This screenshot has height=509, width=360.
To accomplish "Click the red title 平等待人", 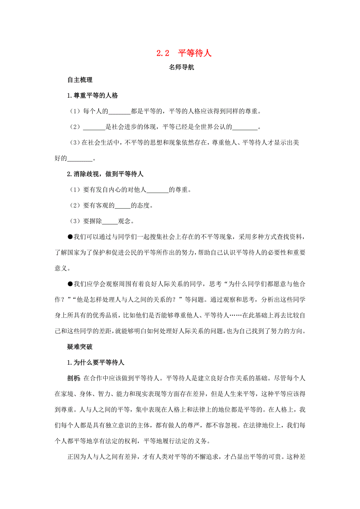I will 194,53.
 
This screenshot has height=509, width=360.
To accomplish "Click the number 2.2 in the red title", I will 162,53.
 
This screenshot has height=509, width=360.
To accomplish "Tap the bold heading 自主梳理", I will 80,80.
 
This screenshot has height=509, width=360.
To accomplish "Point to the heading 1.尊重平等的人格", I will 93,95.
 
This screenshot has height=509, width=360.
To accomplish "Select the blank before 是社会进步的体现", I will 94,127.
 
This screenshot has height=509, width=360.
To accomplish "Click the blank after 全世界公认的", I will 246,127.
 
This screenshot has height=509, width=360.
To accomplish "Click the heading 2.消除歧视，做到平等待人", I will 106,174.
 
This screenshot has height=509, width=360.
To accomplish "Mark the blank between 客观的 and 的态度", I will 122,206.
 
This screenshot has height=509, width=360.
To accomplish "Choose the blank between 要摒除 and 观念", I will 110,221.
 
